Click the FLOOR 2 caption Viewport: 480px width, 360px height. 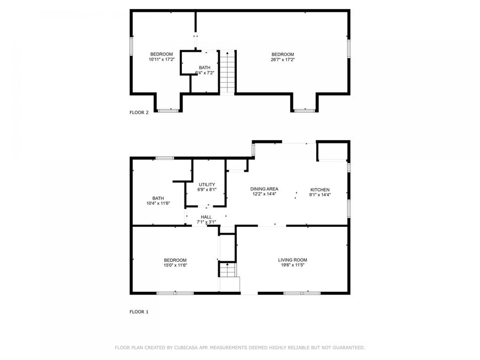coord(139,113)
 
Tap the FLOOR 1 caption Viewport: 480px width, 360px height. coord(139,311)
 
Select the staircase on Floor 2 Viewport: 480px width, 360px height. coord(228,73)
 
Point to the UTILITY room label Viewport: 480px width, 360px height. coord(207,184)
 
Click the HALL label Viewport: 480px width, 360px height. coord(206,217)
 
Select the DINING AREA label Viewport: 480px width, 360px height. coord(265,189)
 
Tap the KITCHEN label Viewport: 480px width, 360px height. coord(320,190)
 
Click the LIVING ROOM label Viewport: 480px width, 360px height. coord(292,260)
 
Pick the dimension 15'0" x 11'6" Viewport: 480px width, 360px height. coord(175,265)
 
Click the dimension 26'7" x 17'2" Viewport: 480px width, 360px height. coord(283,60)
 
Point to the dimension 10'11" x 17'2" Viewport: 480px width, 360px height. coord(161,60)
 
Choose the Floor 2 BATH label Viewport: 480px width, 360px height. coord(205,68)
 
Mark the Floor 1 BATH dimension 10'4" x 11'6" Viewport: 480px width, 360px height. coord(158,203)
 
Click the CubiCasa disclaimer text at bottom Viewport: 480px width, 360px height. coord(240,347)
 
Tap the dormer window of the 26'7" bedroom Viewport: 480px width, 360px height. coord(305,111)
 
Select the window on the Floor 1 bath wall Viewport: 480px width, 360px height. coord(165,158)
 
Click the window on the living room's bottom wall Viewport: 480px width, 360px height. coord(302,293)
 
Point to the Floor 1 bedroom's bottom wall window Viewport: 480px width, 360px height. coord(175,293)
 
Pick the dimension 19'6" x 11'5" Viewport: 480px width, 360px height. coord(292,265)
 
